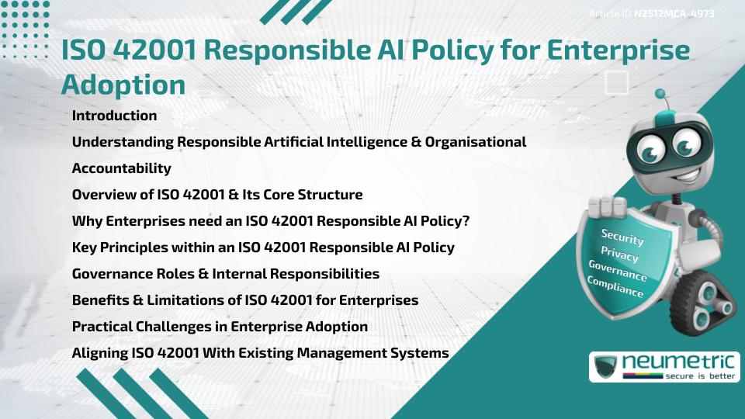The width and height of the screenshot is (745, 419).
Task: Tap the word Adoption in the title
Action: (123, 84)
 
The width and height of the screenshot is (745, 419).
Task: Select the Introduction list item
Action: (114, 116)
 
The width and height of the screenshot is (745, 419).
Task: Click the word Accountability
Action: (121, 168)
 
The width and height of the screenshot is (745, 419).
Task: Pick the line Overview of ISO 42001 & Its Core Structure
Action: (217, 195)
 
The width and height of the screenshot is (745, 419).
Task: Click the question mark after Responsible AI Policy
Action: (466, 221)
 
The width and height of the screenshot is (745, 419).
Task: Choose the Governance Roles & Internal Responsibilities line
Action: (225, 274)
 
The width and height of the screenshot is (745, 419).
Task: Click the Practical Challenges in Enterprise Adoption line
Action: (220, 327)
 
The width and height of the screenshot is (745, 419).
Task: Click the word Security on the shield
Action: (622, 237)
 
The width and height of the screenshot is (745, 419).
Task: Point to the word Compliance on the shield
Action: (615, 287)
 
